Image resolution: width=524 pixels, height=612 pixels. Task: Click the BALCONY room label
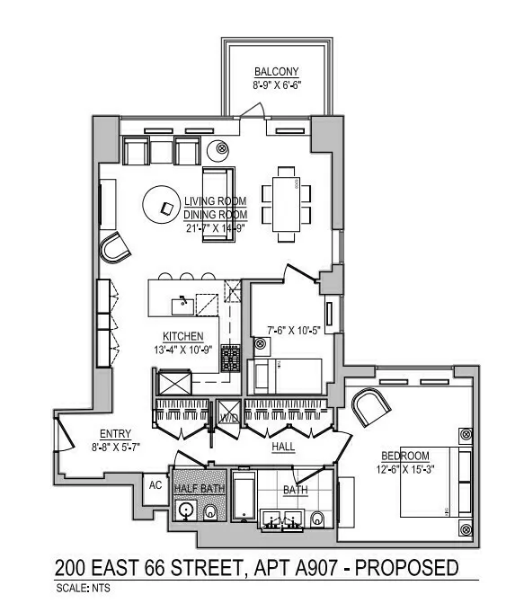click(276, 71)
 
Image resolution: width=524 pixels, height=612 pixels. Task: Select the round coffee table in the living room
click(164, 206)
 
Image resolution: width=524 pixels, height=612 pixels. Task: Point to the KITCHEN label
click(182, 336)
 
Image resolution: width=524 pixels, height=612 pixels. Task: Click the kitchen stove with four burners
click(231, 359)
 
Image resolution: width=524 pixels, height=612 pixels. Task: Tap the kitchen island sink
click(182, 304)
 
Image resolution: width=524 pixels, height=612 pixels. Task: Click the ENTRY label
click(115, 432)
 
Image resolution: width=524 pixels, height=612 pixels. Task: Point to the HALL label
click(286, 445)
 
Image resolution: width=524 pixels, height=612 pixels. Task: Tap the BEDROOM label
click(404, 455)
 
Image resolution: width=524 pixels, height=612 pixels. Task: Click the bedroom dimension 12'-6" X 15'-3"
click(404, 468)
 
